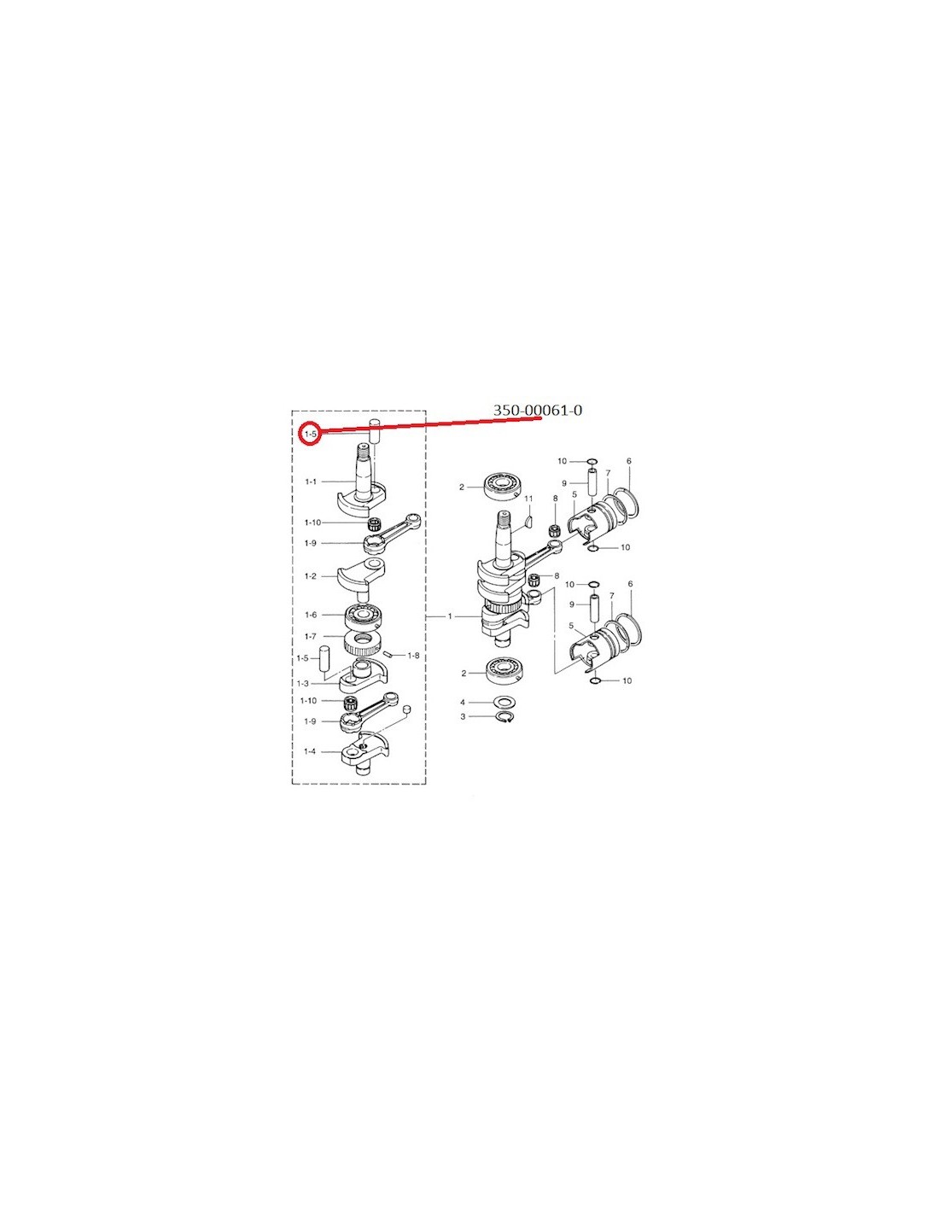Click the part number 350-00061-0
point(537,411)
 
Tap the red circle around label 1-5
point(310,434)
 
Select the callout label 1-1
point(311,482)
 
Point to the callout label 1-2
point(311,576)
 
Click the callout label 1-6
point(311,615)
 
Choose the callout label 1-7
point(311,636)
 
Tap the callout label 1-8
point(413,656)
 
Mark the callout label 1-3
point(303,683)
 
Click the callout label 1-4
point(310,751)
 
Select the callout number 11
point(528,498)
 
